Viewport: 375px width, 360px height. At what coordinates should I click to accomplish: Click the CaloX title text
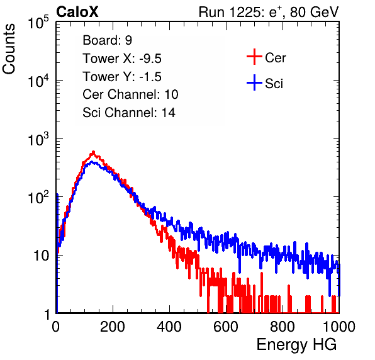coord(77,12)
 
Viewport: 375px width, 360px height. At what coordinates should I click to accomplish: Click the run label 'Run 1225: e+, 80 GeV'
coord(269,12)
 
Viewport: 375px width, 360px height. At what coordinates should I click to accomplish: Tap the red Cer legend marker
coord(254,57)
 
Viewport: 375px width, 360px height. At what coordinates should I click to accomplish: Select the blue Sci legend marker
coord(254,83)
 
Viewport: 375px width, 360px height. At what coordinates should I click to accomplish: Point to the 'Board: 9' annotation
coord(107,40)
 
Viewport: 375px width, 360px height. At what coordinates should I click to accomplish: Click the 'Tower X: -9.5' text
coord(122,59)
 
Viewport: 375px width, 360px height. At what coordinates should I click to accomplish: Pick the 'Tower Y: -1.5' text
coord(122,77)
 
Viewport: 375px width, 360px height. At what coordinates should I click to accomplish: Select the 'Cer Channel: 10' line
coord(130,94)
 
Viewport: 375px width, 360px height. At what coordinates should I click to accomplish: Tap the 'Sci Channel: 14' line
coord(129,113)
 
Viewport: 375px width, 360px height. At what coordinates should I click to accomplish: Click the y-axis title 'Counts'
coord(9,49)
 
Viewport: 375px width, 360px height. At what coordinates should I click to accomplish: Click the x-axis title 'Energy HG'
coord(296,345)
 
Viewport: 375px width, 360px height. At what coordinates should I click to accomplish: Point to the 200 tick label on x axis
coord(113,327)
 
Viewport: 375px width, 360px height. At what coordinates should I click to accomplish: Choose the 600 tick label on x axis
coord(226,327)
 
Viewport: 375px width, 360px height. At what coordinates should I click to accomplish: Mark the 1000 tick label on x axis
coord(339,327)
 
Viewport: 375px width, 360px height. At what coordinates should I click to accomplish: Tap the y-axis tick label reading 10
coord(42,256)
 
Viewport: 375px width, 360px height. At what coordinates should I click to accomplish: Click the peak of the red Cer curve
coord(94,152)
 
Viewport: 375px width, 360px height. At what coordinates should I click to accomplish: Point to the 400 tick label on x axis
coord(169,327)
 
